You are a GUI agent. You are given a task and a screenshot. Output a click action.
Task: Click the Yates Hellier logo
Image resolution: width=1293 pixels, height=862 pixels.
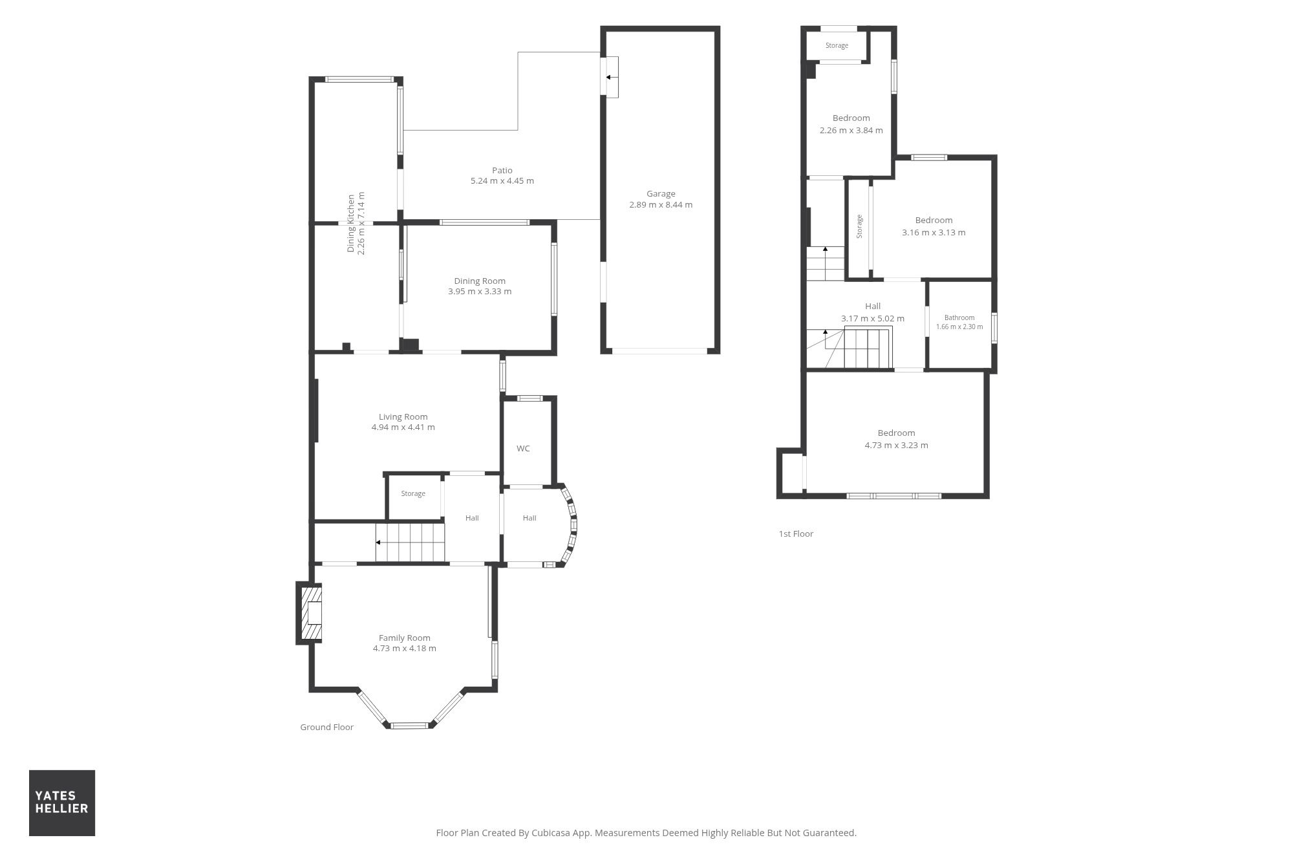click(x=62, y=803)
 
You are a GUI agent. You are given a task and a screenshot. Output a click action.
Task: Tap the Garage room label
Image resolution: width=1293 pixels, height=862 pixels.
click(x=661, y=193)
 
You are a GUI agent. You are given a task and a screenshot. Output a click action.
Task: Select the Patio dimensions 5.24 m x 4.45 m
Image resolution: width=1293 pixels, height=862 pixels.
click(x=502, y=181)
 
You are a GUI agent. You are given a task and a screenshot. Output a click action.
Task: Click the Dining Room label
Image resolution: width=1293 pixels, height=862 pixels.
click(x=480, y=281)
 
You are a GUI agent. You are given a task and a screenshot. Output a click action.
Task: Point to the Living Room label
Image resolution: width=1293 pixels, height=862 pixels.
click(x=403, y=416)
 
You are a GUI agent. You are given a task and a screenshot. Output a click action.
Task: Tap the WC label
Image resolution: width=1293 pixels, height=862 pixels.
click(x=523, y=448)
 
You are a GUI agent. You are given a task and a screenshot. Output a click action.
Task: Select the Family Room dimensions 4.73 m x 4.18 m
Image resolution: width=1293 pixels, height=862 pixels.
click(x=405, y=648)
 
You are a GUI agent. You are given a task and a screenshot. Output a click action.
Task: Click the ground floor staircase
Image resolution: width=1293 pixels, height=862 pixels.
click(x=410, y=543)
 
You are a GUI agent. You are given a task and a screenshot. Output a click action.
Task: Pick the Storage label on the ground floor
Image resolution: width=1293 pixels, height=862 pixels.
click(x=413, y=493)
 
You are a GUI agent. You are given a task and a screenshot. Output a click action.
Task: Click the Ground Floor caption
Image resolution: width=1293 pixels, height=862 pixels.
click(x=326, y=727)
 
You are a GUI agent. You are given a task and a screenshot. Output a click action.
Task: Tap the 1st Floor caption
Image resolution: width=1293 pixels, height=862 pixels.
click(x=796, y=533)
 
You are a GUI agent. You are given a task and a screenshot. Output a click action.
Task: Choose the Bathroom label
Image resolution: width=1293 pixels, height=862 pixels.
click(x=959, y=318)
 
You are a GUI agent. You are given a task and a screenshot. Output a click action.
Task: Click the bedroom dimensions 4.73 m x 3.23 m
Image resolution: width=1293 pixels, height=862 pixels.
click(x=896, y=445)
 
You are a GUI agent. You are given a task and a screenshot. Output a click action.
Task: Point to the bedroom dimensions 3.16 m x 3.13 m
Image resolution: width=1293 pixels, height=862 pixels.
click(x=934, y=232)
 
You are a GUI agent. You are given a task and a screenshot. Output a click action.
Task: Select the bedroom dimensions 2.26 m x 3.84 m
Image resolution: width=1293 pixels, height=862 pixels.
click(x=851, y=130)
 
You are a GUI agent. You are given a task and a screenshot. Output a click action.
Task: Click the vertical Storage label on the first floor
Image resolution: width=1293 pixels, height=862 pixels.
click(x=859, y=226)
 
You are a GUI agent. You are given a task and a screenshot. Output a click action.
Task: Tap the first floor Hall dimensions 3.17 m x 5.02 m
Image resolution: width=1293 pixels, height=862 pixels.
click(x=873, y=318)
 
